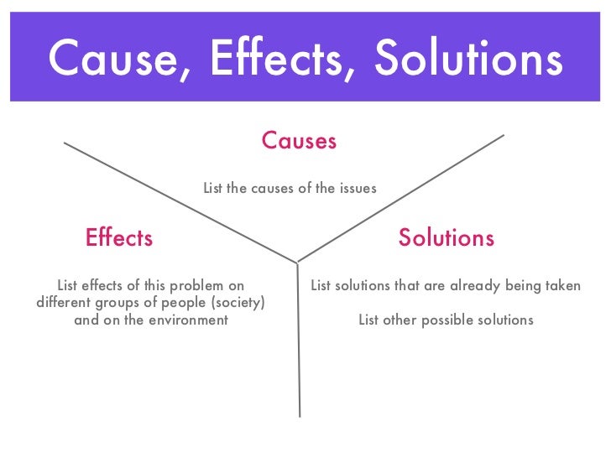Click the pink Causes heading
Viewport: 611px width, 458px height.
299,140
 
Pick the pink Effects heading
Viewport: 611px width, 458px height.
119,238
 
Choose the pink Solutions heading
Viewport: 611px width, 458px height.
446,238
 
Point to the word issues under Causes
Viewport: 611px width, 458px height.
358,189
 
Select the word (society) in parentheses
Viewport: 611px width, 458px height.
236,302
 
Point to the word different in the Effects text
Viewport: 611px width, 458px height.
65,302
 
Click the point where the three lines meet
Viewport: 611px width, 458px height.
297,262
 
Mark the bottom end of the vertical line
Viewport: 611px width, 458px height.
300,416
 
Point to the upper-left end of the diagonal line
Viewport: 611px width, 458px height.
65,143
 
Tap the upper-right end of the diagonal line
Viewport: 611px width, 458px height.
503,135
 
